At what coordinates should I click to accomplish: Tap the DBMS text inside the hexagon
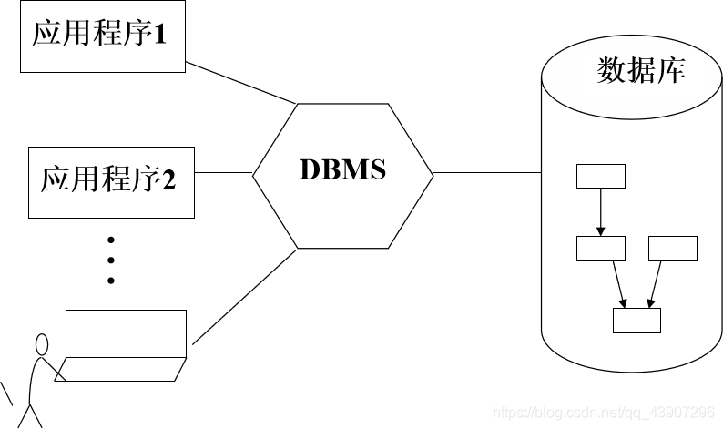(x=342, y=169)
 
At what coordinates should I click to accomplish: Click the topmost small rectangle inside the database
(x=600, y=176)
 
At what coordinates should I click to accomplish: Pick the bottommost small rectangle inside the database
(x=636, y=321)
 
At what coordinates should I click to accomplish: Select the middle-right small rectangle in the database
(x=672, y=249)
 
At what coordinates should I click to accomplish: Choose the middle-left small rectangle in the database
(x=600, y=249)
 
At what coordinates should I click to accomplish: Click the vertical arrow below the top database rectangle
(x=600, y=211)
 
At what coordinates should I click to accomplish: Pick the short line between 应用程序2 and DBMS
(x=222, y=172)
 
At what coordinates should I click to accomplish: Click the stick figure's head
(x=41, y=345)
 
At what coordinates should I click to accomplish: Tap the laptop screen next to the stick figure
(x=126, y=334)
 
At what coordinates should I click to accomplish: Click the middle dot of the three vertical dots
(x=111, y=260)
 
